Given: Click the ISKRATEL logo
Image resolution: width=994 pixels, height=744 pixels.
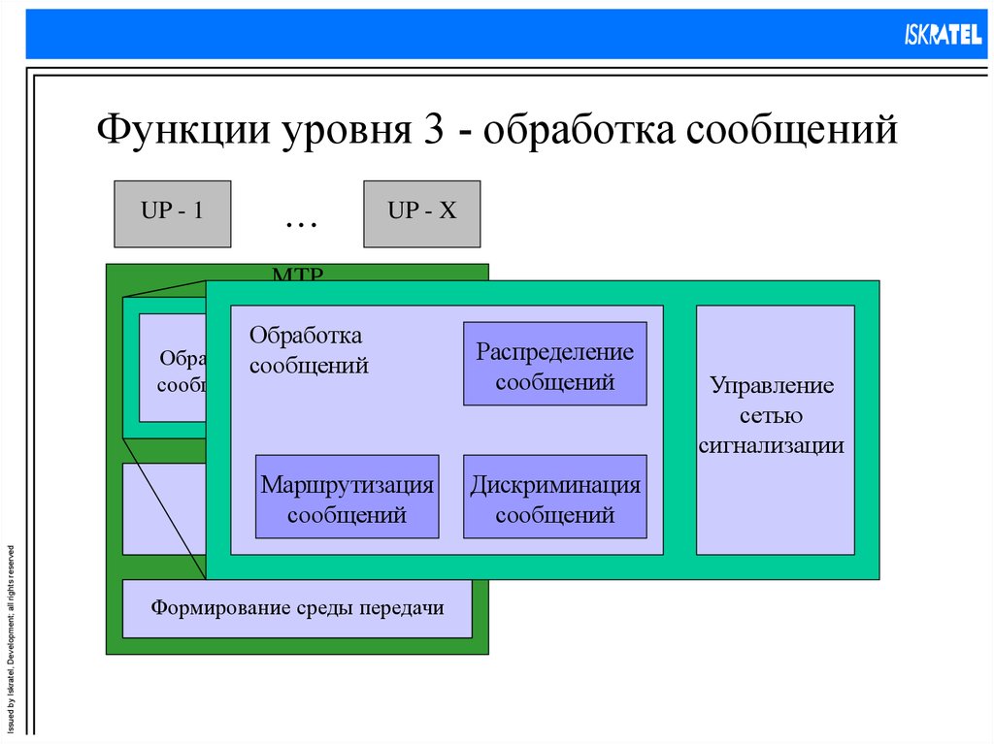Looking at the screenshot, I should click(943, 36).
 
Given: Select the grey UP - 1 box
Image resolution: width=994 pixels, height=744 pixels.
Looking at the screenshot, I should click(172, 213).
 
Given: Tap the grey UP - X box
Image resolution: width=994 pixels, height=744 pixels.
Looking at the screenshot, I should click(421, 213).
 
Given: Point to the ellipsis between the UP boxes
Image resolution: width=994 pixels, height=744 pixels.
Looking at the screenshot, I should click(301, 222).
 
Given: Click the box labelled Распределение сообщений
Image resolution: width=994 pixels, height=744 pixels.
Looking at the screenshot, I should click(554, 364).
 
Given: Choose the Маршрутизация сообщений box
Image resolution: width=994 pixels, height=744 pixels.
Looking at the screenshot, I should click(347, 497).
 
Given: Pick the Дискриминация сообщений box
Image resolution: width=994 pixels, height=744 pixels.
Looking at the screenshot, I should click(554, 497).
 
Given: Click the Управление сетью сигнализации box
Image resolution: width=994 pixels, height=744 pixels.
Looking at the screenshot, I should click(775, 415).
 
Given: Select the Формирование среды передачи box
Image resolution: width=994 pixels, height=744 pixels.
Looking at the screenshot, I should click(297, 609).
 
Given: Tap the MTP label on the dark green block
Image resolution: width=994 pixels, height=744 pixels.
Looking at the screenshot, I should click(297, 275).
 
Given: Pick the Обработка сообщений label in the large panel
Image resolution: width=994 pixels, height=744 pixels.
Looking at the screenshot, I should click(309, 350).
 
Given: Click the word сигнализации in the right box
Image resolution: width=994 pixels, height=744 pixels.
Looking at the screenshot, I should click(772, 446).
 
